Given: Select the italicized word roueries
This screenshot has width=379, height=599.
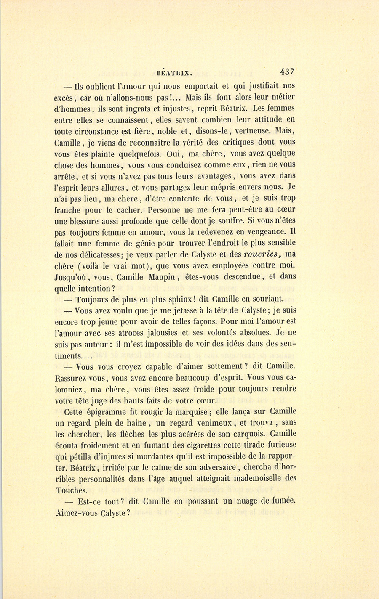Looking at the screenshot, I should point(262,254).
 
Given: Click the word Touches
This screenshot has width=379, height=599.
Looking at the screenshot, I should point(71,490).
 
